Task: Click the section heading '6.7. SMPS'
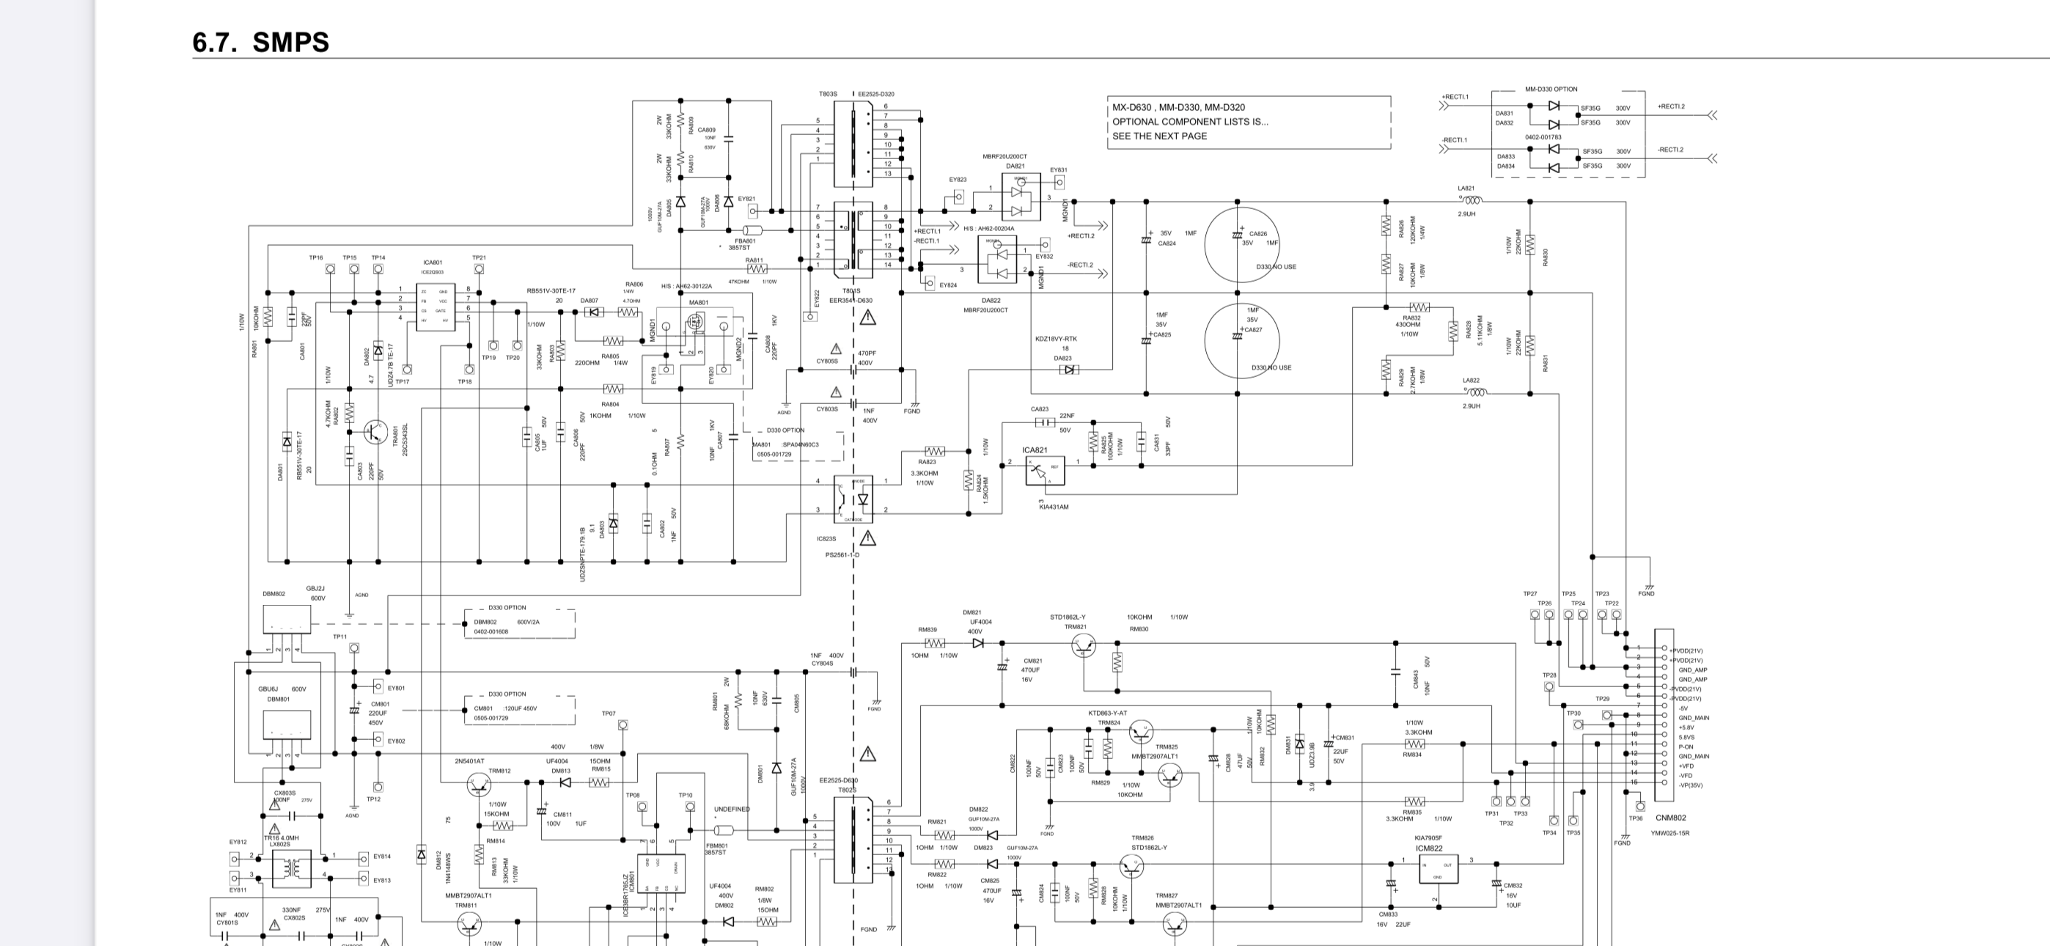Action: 260,43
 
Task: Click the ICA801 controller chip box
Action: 436,307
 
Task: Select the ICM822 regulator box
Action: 1437,869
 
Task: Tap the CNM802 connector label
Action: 1670,818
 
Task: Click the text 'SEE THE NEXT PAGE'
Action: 1158,136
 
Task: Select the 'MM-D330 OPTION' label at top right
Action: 1550,89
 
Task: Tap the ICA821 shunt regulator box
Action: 1044,471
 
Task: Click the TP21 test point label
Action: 478,258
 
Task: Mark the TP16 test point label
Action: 316,258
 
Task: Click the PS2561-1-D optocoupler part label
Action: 842,554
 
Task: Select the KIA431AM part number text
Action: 1054,507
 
